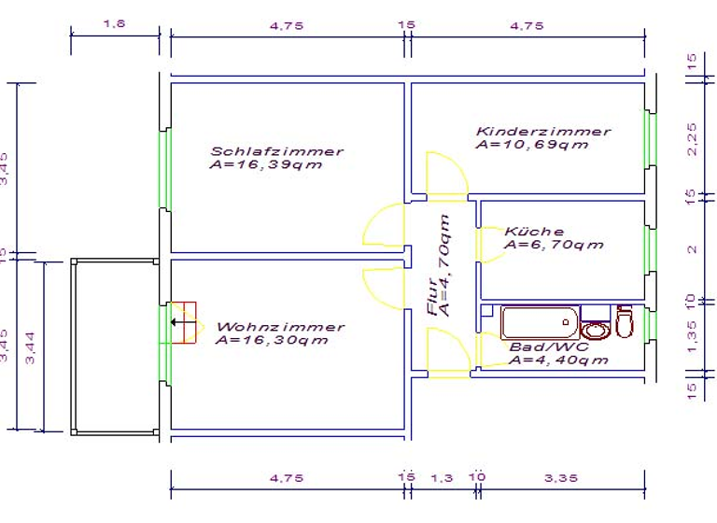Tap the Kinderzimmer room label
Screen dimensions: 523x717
click(x=542, y=132)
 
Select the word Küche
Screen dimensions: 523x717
click(x=534, y=232)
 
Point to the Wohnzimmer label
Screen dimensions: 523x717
click(x=280, y=327)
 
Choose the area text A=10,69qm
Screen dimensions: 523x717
click(x=532, y=146)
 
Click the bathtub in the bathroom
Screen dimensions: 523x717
click(x=539, y=323)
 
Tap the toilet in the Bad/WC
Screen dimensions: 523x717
click(x=625, y=322)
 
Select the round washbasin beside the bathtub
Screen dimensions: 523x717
click(x=594, y=329)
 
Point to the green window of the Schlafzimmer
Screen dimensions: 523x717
click(x=164, y=169)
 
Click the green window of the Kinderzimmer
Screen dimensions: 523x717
click(x=647, y=139)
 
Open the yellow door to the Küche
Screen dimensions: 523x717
click(x=488, y=245)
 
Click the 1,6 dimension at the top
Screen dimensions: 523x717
click(x=114, y=25)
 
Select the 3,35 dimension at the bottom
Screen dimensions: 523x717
click(x=560, y=477)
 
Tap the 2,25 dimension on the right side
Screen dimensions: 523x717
click(x=692, y=139)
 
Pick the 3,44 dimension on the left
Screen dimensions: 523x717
click(x=30, y=346)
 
